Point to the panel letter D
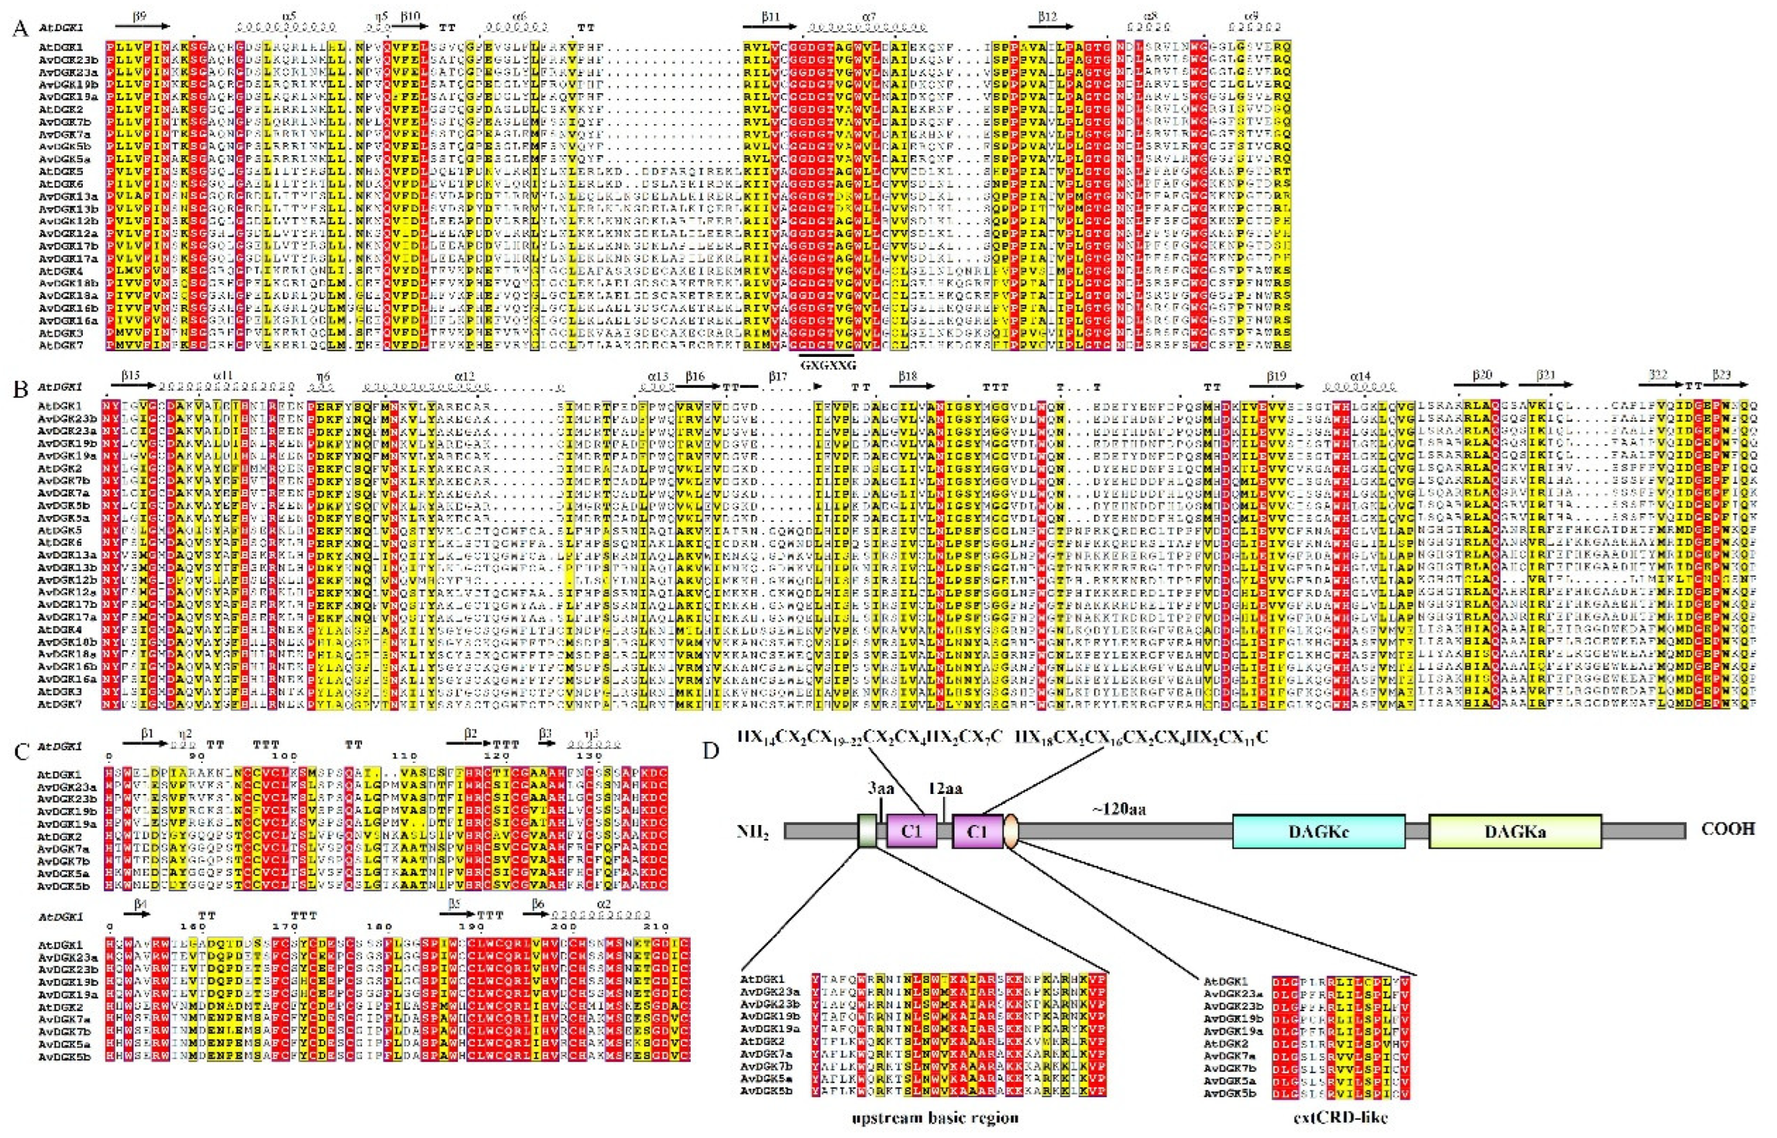711,749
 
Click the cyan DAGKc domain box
1318,832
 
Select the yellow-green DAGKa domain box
1514,832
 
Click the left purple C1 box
912,832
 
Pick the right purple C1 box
977,832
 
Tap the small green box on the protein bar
866,832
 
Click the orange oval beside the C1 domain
1011,832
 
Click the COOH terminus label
1727,828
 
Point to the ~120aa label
1119,808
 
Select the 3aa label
880,788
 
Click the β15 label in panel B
131,376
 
